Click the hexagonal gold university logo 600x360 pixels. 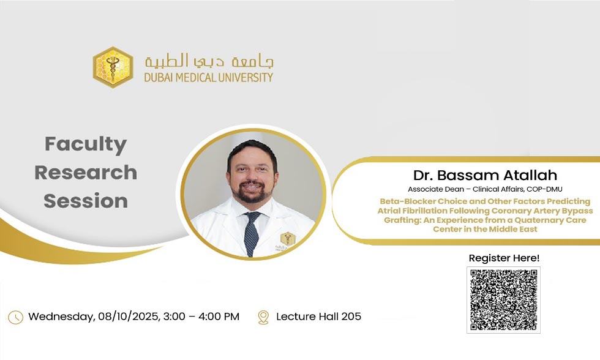click(113, 67)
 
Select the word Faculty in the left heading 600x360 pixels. click(86, 144)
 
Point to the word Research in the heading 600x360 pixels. click(86, 173)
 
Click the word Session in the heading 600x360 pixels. click(86, 201)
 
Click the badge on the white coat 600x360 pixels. click(287, 240)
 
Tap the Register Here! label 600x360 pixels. click(504, 258)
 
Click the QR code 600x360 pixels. click(503, 299)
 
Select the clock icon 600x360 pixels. click(16, 317)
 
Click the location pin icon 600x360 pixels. click(263, 317)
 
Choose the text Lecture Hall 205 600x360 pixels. click(318, 317)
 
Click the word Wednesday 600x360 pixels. click(61, 317)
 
